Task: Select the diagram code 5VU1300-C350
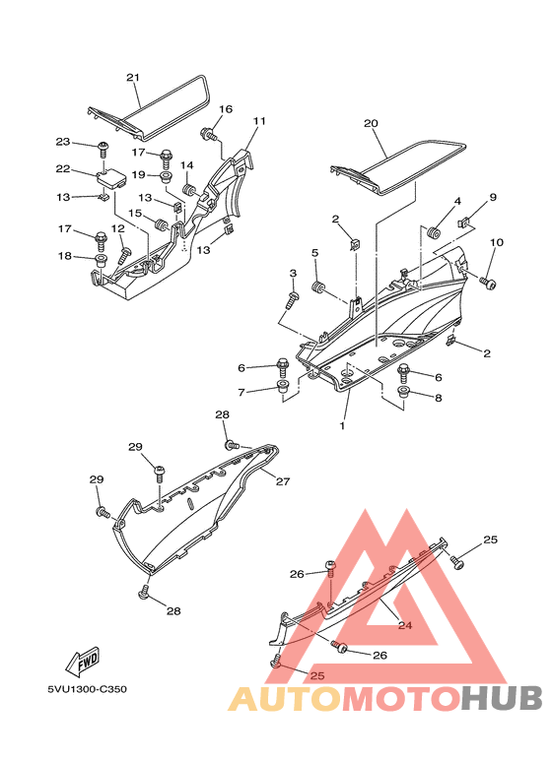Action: pyautogui.click(x=87, y=689)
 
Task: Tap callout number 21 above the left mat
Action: pyautogui.click(x=134, y=77)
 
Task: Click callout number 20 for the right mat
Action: pyautogui.click(x=371, y=123)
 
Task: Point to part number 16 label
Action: pyautogui.click(x=225, y=109)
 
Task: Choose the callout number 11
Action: pyautogui.click(x=259, y=121)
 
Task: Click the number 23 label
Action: pyautogui.click(x=63, y=142)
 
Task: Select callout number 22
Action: pyautogui.click(x=63, y=168)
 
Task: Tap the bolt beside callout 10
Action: pyautogui.click(x=486, y=282)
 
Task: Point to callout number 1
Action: pyautogui.click(x=343, y=425)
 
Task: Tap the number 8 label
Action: pyautogui.click(x=439, y=400)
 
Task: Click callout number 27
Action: pyautogui.click(x=283, y=481)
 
